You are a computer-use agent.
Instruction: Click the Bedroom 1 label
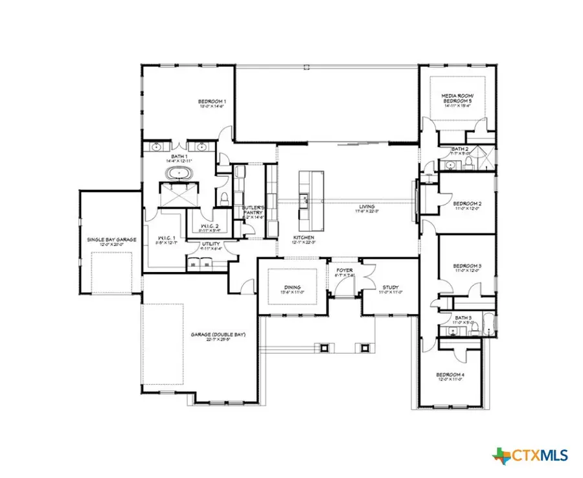(x=212, y=102)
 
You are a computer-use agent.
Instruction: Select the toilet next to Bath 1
(x=223, y=197)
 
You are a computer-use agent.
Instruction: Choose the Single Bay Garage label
(x=112, y=240)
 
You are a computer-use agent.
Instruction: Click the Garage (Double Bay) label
(x=211, y=335)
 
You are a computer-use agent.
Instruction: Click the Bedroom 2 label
(x=466, y=203)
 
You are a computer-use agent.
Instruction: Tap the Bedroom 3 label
(x=466, y=266)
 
